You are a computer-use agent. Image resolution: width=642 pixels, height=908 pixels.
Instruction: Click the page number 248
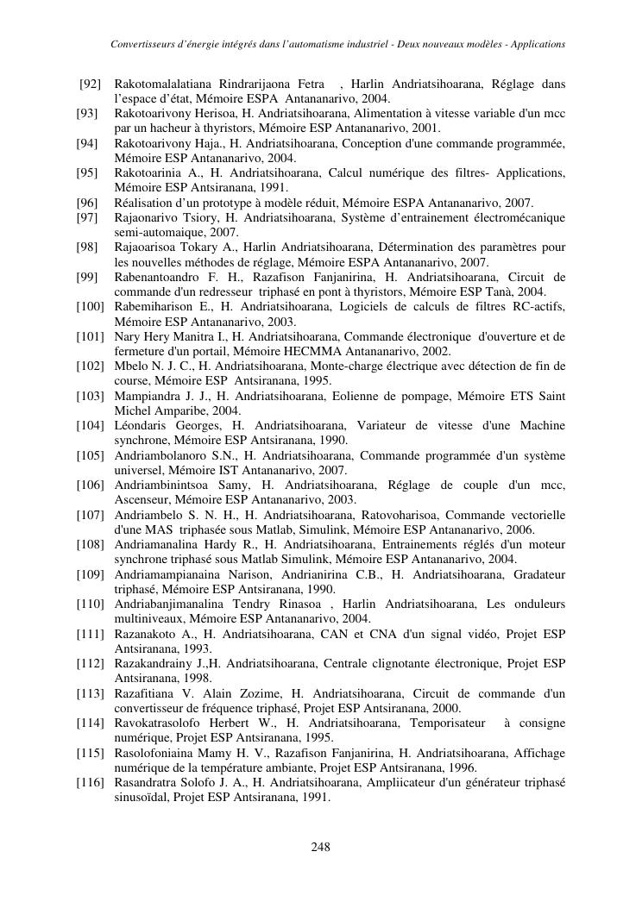[321, 847]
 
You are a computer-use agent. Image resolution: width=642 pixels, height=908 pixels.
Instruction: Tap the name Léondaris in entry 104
[142, 425]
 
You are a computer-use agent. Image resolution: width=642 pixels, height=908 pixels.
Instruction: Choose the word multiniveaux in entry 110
[149, 619]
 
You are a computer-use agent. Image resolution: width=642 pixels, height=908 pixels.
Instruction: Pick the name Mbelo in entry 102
[131, 366]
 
